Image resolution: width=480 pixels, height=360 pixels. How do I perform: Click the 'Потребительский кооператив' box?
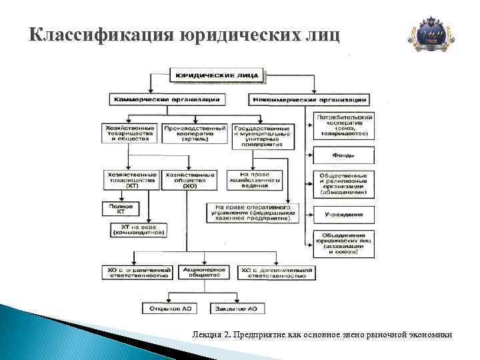click(x=344, y=126)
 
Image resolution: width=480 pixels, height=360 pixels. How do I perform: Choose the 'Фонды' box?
click(x=344, y=155)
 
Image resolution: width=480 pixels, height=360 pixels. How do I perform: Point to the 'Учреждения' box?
click(x=344, y=215)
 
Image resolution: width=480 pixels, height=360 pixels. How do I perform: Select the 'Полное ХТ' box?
click(x=125, y=209)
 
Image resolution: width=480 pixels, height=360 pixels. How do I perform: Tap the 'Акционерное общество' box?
click(x=203, y=272)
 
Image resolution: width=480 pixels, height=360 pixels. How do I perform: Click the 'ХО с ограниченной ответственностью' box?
click(x=136, y=272)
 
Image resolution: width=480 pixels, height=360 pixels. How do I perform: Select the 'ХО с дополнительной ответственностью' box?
click(x=276, y=272)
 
